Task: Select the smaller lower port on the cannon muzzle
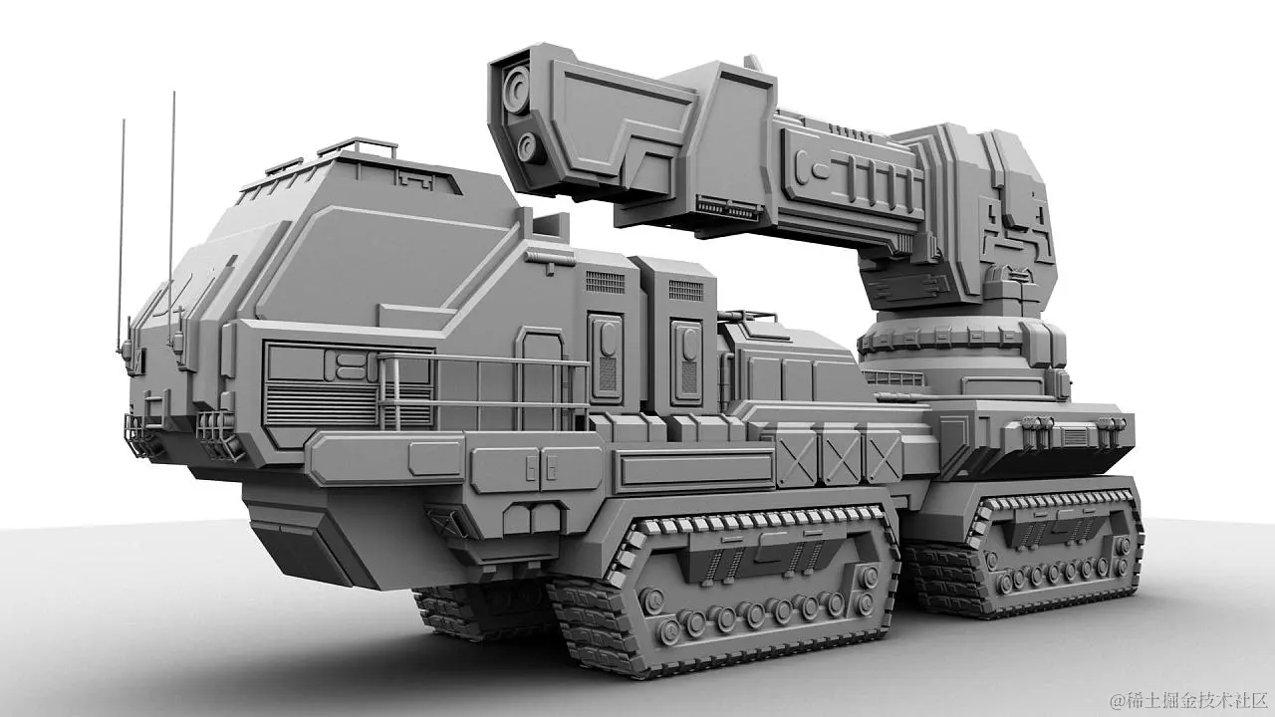pos(531,147)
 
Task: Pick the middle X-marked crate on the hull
pos(840,456)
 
